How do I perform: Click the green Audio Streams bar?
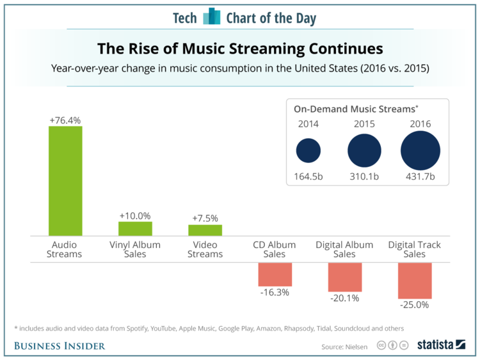[x=65, y=181]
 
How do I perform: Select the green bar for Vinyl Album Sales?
[x=135, y=229]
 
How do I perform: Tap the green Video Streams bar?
[x=205, y=230]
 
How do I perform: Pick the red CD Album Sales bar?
[x=275, y=274]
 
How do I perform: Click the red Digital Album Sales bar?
[x=344, y=277]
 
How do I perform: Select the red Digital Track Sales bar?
[x=415, y=280]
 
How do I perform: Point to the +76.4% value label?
[x=65, y=120]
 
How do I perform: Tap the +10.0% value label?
[x=135, y=215]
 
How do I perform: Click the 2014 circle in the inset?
[x=308, y=152]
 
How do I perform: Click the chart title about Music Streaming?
[x=240, y=49]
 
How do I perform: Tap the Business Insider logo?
[x=60, y=346]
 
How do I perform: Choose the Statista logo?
[x=441, y=345]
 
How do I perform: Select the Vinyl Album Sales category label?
[x=135, y=249]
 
